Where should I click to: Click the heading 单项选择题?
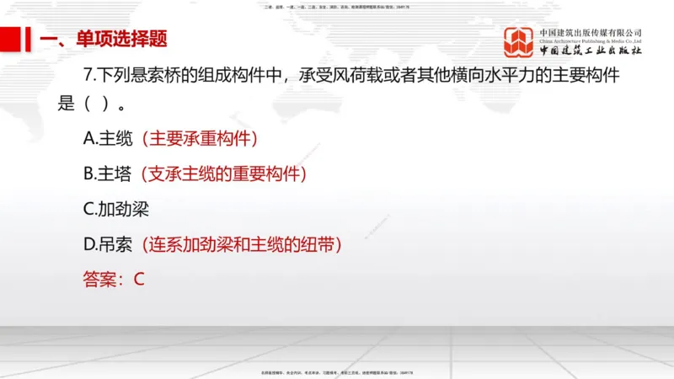[121, 39]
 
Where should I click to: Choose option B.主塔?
[110, 174]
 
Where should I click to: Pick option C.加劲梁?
[115, 210]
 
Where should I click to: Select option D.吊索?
[110, 245]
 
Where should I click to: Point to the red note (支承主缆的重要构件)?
[223, 174]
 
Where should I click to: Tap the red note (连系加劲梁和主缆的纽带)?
[242, 245]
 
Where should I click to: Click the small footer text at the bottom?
[337, 371]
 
